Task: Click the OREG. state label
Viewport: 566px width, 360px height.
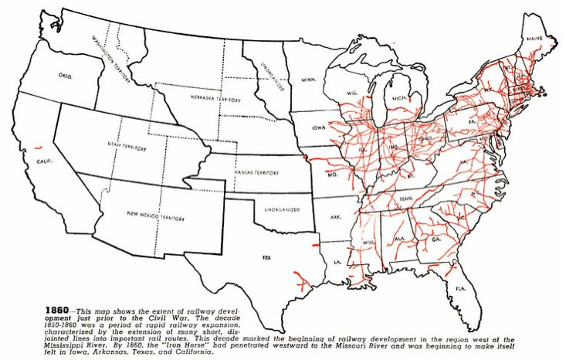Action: (66, 76)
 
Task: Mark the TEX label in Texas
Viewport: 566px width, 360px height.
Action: (266, 255)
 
